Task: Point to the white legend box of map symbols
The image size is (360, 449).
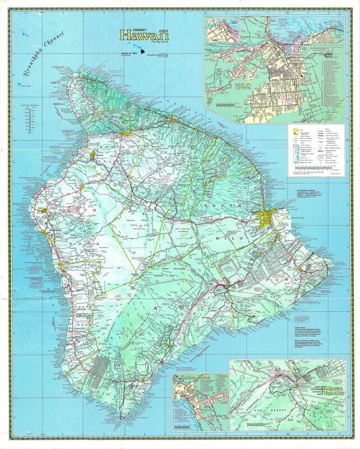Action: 316,149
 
